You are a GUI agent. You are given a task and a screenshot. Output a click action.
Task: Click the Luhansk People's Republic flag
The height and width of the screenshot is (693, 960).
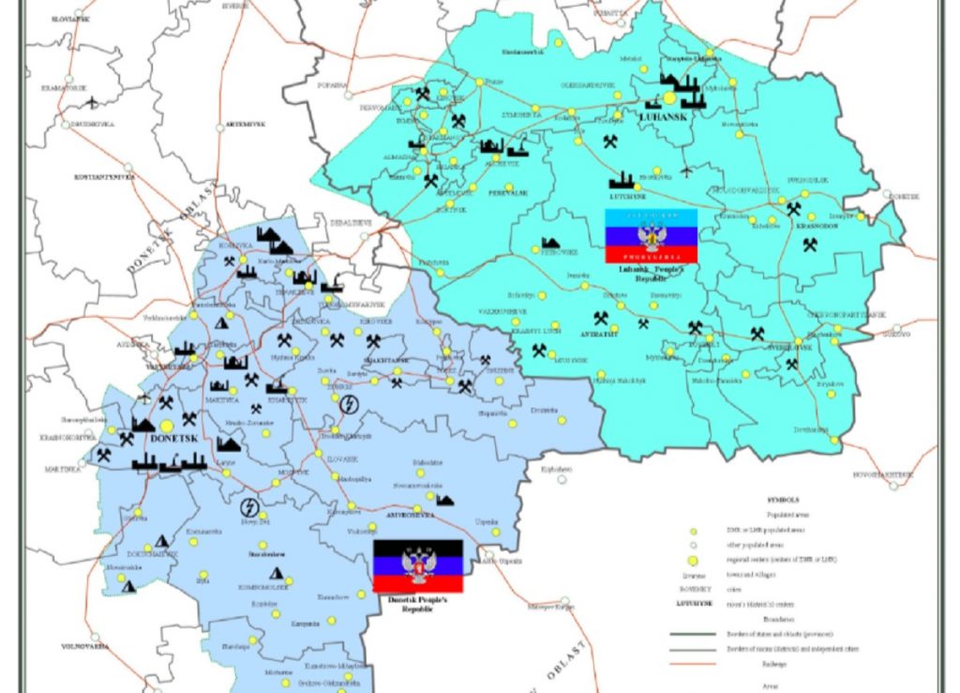pos(651,235)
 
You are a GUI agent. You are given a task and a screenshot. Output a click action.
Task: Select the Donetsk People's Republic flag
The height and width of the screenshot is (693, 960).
pos(418,565)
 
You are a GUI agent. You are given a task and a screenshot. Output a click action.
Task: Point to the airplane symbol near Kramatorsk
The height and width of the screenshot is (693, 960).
pos(92,101)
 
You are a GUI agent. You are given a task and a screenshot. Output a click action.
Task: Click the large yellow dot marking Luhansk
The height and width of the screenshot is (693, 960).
pos(669,97)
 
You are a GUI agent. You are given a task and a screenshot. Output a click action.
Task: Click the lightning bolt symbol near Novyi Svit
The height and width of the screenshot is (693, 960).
pos(249,507)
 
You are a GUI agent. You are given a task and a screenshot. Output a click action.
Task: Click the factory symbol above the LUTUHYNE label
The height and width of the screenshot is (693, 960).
pos(621,180)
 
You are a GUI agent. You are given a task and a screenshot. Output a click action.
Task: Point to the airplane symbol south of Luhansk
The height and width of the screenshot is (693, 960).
pos(687,172)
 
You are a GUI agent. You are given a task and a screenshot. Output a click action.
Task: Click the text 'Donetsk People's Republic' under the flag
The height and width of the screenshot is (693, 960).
pos(418,604)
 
